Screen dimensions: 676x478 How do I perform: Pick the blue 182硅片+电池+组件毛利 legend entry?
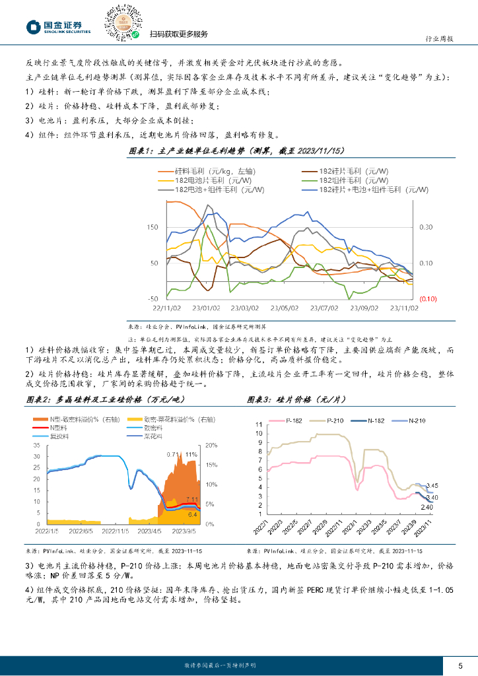[367, 189]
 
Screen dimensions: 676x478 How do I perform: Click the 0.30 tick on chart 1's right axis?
[425, 227]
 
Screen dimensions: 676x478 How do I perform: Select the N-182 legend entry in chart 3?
[374, 421]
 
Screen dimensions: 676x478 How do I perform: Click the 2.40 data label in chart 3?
[427, 507]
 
